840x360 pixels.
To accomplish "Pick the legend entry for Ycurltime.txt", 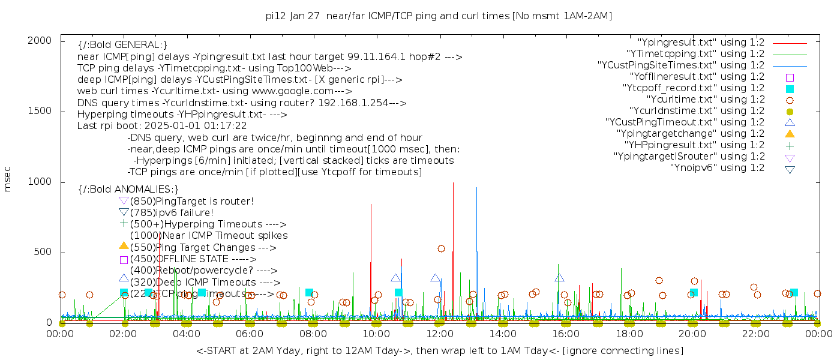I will (x=705, y=100).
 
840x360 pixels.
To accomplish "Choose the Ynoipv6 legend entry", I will (x=717, y=168).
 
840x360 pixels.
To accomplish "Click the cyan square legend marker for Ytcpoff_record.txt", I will (x=790, y=89).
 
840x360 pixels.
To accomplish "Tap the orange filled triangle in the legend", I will (x=790, y=134).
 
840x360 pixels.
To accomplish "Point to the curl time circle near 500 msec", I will (x=441, y=248).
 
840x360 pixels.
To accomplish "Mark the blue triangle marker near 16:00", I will (x=559, y=278).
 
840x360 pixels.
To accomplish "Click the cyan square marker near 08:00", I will (x=309, y=293).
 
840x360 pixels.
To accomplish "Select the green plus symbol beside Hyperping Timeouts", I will (x=124, y=224).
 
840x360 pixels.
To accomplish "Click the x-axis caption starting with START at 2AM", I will (x=439, y=350).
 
